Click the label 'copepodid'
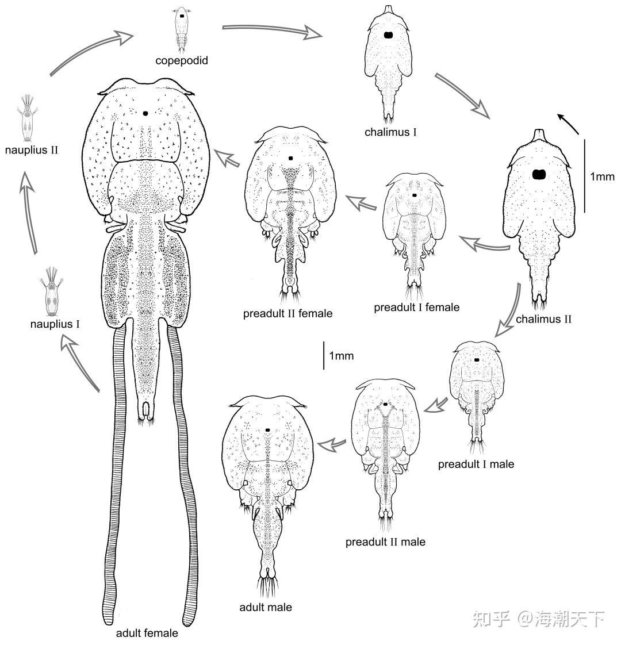(x=181, y=59)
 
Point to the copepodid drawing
(x=182, y=28)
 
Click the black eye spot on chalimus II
(x=539, y=175)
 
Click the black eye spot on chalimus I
(x=388, y=35)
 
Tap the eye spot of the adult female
(x=145, y=113)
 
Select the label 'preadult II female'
(x=287, y=313)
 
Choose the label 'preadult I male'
(x=476, y=464)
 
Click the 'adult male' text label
(x=266, y=607)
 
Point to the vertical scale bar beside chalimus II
(x=584, y=175)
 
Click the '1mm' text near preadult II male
(x=342, y=356)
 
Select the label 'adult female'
(x=147, y=634)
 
